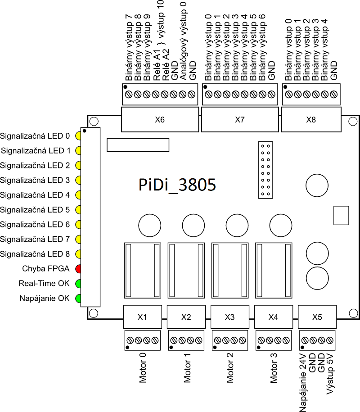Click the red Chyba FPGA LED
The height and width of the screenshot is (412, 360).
click(78, 269)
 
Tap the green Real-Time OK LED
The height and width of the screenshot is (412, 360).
click(78, 284)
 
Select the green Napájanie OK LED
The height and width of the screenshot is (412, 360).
click(78, 298)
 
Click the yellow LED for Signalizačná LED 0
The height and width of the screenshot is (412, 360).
click(78, 136)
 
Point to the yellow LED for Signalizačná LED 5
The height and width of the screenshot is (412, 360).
click(78, 210)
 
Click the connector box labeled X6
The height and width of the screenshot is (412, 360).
click(160, 120)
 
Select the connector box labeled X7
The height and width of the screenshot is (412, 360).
click(239, 120)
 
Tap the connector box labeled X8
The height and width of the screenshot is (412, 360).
click(311, 120)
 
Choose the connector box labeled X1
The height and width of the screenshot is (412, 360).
click(142, 317)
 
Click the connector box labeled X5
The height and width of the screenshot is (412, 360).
click(317, 317)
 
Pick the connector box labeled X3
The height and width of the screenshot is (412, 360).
click(229, 317)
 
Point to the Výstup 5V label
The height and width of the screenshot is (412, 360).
click(331, 374)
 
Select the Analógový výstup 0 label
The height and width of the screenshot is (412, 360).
click(183, 41)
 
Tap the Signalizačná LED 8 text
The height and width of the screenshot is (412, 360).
click(35, 254)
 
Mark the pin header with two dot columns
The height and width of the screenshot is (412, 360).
click(265, 170)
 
